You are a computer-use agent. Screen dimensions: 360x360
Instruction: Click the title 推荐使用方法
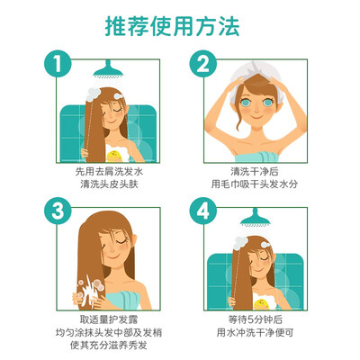[x=173, y=26]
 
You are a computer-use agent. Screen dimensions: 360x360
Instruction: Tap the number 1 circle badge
[x=58, y=64]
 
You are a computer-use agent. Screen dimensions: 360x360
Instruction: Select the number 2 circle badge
[x=202, y=64]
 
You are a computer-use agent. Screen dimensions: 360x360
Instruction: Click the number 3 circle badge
[x=58, y=211]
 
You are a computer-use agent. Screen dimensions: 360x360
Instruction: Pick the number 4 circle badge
[x=202, y=211]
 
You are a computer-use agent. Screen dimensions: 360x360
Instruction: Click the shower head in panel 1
[x=108, y=69]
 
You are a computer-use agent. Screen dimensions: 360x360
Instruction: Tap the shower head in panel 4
[x=255, y=217]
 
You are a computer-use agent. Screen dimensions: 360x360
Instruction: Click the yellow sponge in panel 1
[x=115, y=156]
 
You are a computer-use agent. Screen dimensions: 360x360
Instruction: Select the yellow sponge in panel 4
[x=261, y=303]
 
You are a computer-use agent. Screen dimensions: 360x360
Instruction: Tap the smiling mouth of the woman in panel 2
[x=256, y=116]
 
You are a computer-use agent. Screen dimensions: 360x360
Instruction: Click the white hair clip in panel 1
[x=119, y=95]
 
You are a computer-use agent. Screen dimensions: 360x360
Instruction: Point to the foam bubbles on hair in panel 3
[x=91, y=287]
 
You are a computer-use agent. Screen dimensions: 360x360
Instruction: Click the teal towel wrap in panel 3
[x=122, y=300]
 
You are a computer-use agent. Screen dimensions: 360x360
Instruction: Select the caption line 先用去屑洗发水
[x=109, y=172]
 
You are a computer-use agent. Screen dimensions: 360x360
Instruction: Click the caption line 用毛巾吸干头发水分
[x=255, y=184]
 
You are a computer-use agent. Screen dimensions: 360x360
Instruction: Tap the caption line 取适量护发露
[x=109, y=319]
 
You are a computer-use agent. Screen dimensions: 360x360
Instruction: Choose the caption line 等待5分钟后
[x=256, y=319]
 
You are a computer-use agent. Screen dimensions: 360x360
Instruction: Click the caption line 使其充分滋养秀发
[x=109, y=346]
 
